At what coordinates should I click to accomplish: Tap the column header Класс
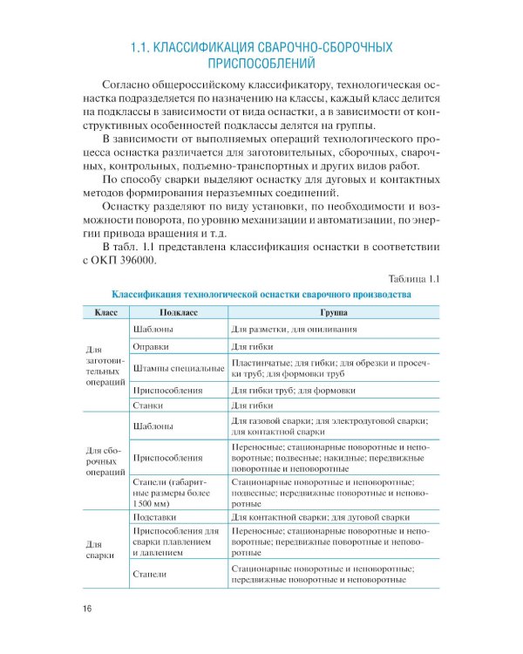coord(105,311)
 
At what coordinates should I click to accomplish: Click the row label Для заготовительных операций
coord(105,366)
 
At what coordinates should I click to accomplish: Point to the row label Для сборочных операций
coord(105,457)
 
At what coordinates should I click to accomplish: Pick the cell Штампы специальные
coord(177,368)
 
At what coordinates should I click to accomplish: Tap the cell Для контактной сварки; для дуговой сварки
coord(320,516)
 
